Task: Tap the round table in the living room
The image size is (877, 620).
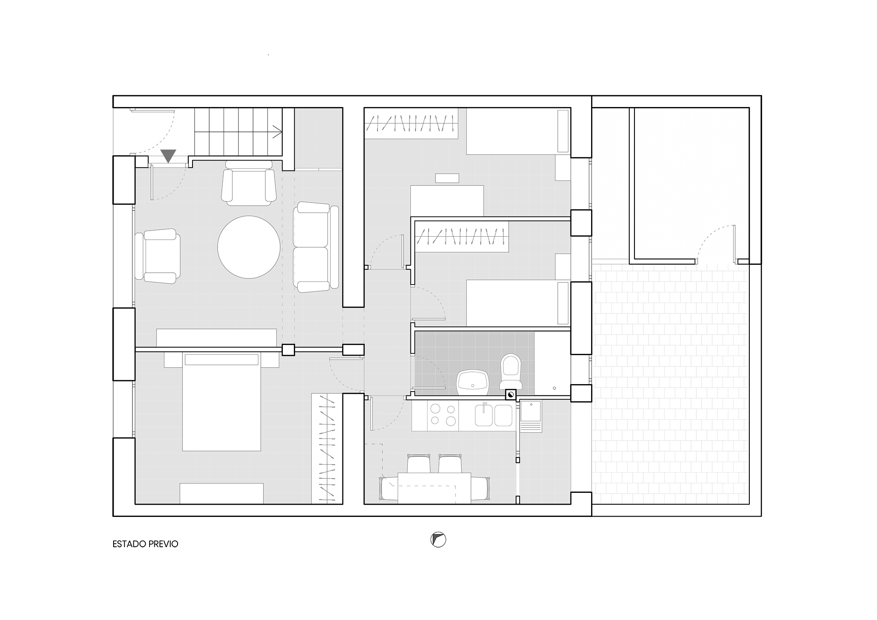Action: pyautogui.click(x=249, y=247)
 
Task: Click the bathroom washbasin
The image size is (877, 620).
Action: pyautogui.click(x=473, y=382)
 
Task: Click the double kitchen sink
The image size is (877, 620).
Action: pyautogui.click(x=494, y=415)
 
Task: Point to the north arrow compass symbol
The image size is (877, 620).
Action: pyautogui.click(x=438, y=540)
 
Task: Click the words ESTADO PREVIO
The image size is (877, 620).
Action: pyautogui.click(x=146, y=544)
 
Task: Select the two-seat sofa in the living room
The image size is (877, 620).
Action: pyautogui.click(x=316, y=247)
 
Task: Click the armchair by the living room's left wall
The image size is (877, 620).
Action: pyautogui.click(x=158, y=256)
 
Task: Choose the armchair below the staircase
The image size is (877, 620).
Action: pyautogui.click(x=249, y=183)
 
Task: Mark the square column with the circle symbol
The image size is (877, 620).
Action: pyautogui.click(x=511, y=395)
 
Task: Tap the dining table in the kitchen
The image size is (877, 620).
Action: pyautogui.click(x=434, y=488)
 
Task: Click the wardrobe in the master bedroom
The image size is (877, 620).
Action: pyautogui.click(x=327, y=448)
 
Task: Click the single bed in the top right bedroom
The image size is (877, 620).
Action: pyautogui.click(x=518, y=132)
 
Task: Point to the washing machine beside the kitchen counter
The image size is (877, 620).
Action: pyautogui.click(x=531, y=416)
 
